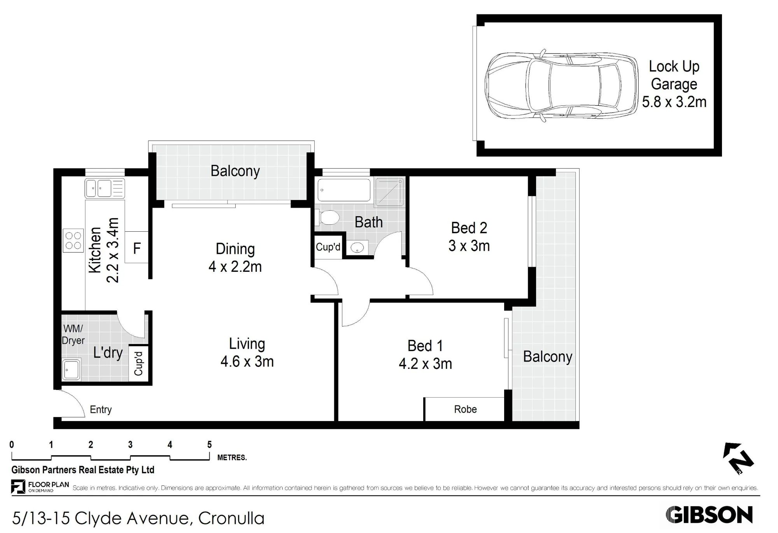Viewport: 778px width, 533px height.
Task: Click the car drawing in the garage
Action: point(562,86)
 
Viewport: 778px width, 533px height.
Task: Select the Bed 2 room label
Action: point(469,228)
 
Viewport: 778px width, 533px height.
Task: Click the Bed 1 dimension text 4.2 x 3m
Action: point(425,363)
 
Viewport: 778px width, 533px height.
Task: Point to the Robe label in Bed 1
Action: point(465,409)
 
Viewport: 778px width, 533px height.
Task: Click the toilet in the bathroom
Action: point(328,218)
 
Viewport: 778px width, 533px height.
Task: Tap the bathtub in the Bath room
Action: point(344,190)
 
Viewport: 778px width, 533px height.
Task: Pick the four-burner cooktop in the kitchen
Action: point(73,240)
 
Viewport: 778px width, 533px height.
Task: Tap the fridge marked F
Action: point(137,248)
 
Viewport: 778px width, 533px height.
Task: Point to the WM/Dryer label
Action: point(73,334)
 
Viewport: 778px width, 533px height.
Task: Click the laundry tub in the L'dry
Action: point(71,370)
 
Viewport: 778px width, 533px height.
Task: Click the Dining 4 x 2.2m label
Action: point(235,258)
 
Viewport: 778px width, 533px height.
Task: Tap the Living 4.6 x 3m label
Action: point(247,353)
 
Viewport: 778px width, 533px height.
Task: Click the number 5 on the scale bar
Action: point(209,444)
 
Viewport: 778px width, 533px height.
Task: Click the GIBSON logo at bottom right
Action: point(709,515)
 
